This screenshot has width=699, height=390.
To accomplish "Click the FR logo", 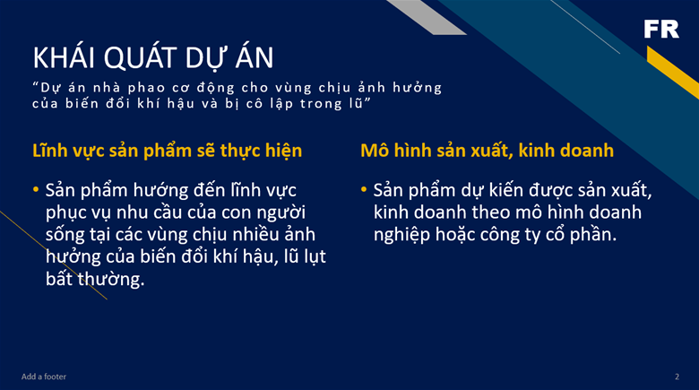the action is click(x=661, y=29).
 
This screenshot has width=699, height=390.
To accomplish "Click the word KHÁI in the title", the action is click(x=64, y=56).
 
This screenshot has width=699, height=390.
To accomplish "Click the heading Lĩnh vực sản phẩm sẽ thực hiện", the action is click(x=168, y=151).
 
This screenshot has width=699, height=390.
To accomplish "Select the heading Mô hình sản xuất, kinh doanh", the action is click(x=487, y=151).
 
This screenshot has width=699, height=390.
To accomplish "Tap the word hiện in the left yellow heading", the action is click(x=283, y=151).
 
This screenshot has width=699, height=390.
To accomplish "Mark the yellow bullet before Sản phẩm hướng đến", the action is click(x=36, y=190).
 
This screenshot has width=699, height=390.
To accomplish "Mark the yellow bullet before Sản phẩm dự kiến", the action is click(x=364, y=190).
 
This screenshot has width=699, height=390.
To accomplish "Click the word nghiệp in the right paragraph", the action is click(x=401, y=235).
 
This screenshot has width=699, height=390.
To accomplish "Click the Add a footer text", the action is click(x=44, y=377).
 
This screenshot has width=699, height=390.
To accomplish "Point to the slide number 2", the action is click(x=677, y=377).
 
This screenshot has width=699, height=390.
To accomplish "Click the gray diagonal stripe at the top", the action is click(x=427, y=17).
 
